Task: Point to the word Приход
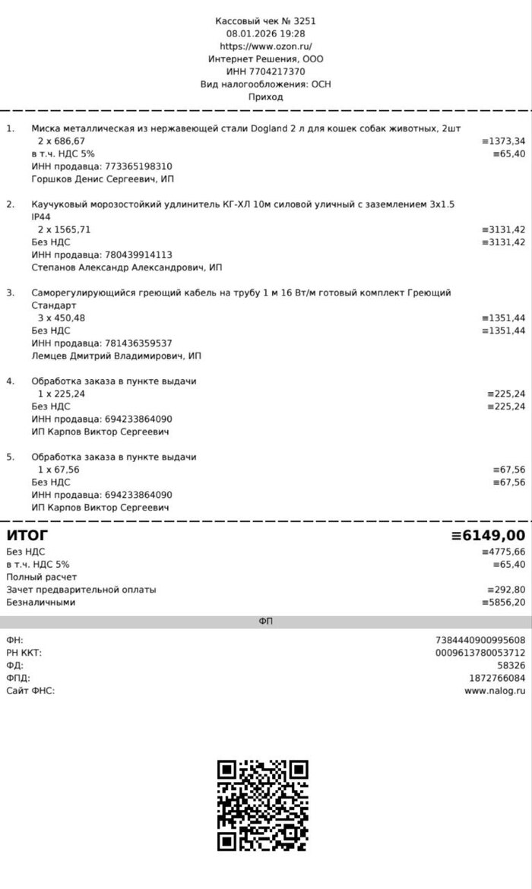(265, 96)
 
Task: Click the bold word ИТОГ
(27, 536)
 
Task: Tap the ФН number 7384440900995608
(480, 640)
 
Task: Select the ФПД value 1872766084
(497, 678)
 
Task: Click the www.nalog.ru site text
(495, 691)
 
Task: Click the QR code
(263, 805)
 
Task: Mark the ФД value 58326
(511, 665)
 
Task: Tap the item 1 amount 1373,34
(505, 141)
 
